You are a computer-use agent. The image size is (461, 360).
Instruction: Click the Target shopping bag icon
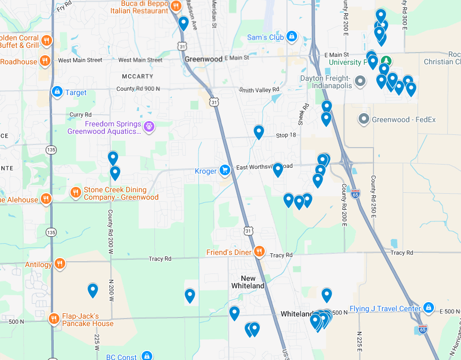pyautogui.click(x=57, y=92)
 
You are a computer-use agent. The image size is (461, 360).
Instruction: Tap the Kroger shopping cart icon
pyautogui.click(x=225, y=170)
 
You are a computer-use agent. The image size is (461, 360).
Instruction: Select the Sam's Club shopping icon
pyautogui.click(x=291, y=37)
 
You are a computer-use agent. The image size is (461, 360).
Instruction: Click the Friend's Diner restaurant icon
pyautogui.click(x=259, y=252)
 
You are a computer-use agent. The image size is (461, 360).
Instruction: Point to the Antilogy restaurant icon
pyautogui.click(x=60, y=264)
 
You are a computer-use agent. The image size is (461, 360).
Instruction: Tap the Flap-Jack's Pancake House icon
pyautogui.click(x=54, y=319)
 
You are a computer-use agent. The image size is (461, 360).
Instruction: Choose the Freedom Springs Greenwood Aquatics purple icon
pyautogui.click(x=150, y=127)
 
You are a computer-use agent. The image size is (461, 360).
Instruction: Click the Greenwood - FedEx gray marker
pyautogui.click(x=364, y=119)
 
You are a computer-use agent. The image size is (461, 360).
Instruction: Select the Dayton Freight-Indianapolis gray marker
pyautogui.click(x=360, y=82)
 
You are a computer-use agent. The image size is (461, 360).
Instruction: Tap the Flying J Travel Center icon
pyautogui.click(x=429, y=308)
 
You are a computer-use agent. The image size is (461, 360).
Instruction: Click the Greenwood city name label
pyautogui.click(x=203, y=59)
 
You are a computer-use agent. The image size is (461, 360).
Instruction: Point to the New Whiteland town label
pyautogui.click(x=248, y=282)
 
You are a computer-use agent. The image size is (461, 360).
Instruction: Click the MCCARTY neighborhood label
pyautogui.click(x=137, y=76)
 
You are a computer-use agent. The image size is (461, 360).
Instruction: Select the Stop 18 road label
pyautogui.click(x=286, y=135)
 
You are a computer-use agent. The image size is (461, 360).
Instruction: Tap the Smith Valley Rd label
pyautogui.click(x=259, y=90)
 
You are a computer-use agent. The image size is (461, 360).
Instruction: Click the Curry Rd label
pyautogui.click(x=80, y=114)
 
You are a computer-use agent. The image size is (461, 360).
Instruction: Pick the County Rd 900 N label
pyautogui.click(x=138, y=89)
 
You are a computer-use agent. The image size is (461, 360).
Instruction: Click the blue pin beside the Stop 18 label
pyautogui.click(x=259, y=131)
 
